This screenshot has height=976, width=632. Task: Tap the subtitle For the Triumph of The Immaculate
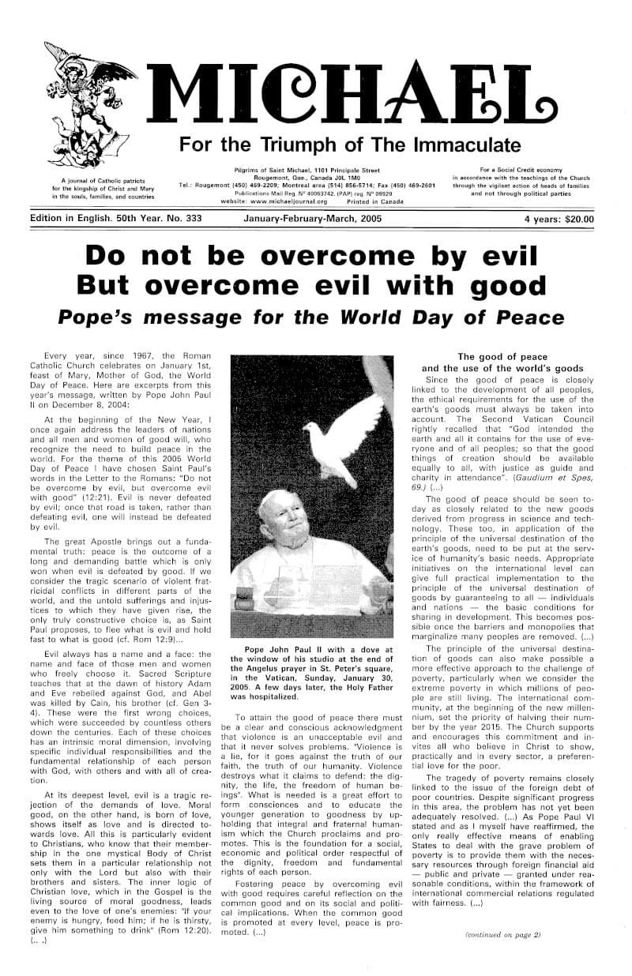click(350, 145)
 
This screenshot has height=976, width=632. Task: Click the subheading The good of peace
click(502, 357)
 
